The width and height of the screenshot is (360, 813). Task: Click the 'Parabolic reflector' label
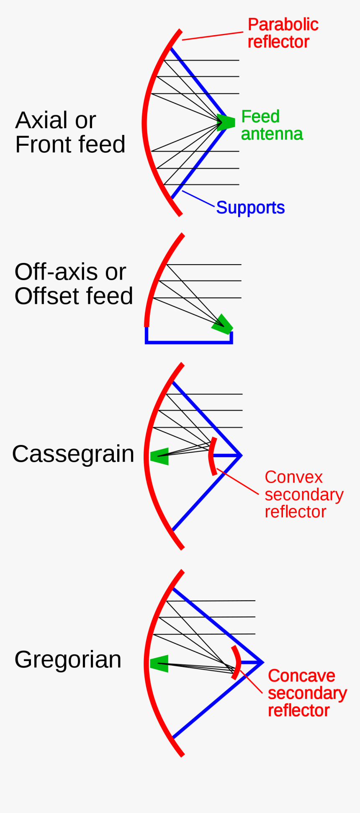click(283, 33)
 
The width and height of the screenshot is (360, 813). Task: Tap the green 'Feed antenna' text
click(271, 125)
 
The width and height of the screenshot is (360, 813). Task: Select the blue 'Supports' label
click(250, 208)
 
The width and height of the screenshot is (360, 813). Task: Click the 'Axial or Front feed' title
click(70, 132)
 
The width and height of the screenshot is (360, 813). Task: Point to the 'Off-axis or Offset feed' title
click(73, 284)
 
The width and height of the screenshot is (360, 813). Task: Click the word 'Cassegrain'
click(73, 454)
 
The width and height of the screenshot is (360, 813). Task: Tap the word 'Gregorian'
click(68, 660)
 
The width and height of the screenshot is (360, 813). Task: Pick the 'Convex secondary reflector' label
click(303, 494)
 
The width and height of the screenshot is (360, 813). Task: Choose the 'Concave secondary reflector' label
click(307, 693)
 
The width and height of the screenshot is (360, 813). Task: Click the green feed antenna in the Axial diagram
click(226, 122)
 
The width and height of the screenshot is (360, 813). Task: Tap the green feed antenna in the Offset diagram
click(222, 324)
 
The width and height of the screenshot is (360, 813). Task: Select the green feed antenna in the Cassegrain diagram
click(160, 456)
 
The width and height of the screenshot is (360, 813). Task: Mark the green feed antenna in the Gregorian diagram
click(159, 664)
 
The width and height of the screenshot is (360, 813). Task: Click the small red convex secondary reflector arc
click(212, 456)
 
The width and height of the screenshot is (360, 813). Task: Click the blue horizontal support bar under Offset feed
click(188, 342)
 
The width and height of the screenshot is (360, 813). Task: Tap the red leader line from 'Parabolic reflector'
click(213, 36)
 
